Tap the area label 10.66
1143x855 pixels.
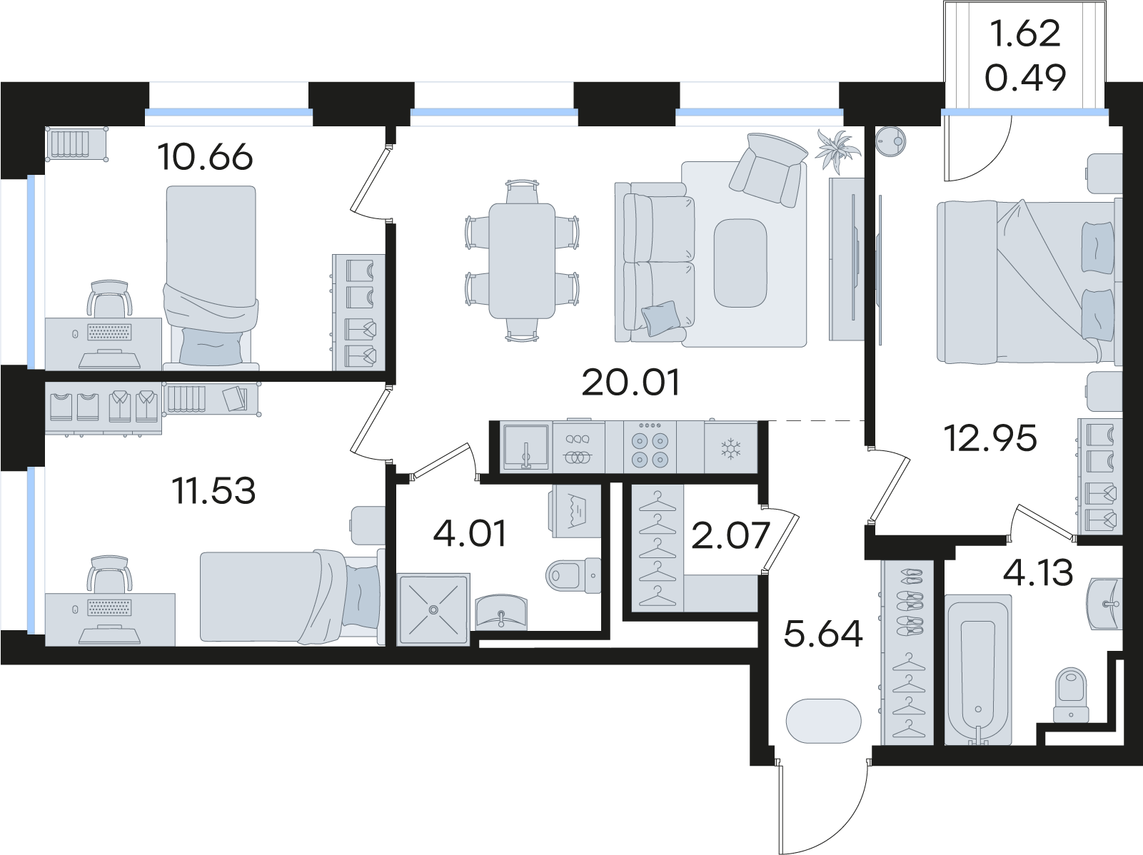[x=206, y=157]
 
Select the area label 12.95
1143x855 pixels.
[x=990, y=437]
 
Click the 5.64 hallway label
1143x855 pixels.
[x=823, y=633]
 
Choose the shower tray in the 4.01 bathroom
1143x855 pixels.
[x=433, y=609]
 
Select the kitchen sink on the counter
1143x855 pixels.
[x=525, y=447]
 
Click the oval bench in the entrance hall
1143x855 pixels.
[x=823, y=721]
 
